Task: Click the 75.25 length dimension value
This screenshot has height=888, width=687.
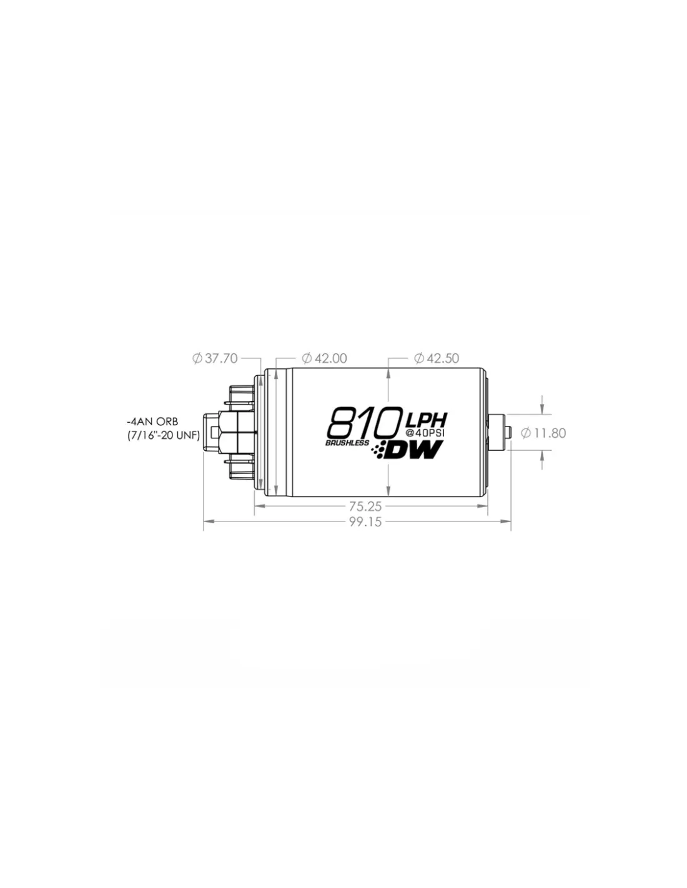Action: [x=365, y=506]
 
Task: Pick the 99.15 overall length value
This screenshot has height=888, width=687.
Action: [x=365, y=522]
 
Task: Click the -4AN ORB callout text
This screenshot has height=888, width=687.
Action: [x=152, y=422]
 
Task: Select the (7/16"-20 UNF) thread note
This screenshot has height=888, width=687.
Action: [x=164, y=436]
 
